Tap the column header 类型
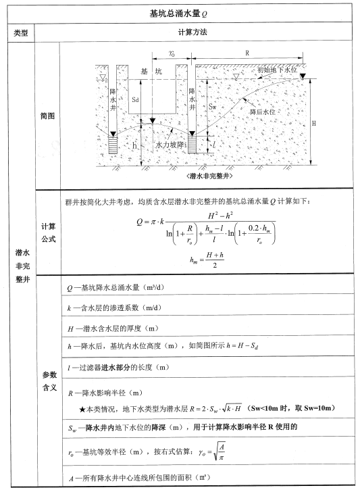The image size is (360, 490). [20, 32]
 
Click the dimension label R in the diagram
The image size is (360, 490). [247, 52]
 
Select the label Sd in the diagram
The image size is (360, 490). [136, 100]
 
